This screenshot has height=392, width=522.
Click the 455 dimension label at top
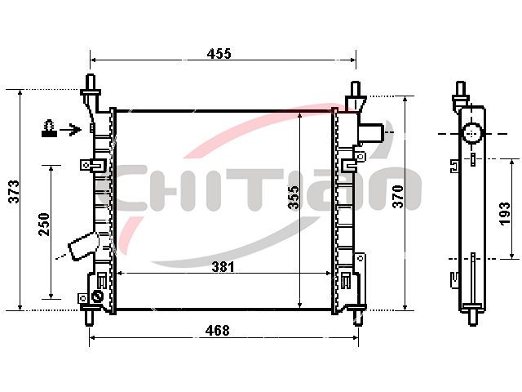click(x=219, y=53)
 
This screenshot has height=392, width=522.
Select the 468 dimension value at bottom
click(x=218, y=330)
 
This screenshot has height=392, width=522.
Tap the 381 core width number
click(x=223, y=267)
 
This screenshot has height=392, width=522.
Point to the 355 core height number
click(x=294, y=198)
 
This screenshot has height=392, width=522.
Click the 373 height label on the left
click(x=14, y=191)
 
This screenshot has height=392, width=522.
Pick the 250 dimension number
click(x=43, y=225)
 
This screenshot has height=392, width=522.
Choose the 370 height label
click(x=397, y=197)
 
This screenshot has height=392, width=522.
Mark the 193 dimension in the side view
click(x=504, y=214)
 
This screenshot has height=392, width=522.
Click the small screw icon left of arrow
click(x=49, y=128)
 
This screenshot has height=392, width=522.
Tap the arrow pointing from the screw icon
click(x=70, y=129)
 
